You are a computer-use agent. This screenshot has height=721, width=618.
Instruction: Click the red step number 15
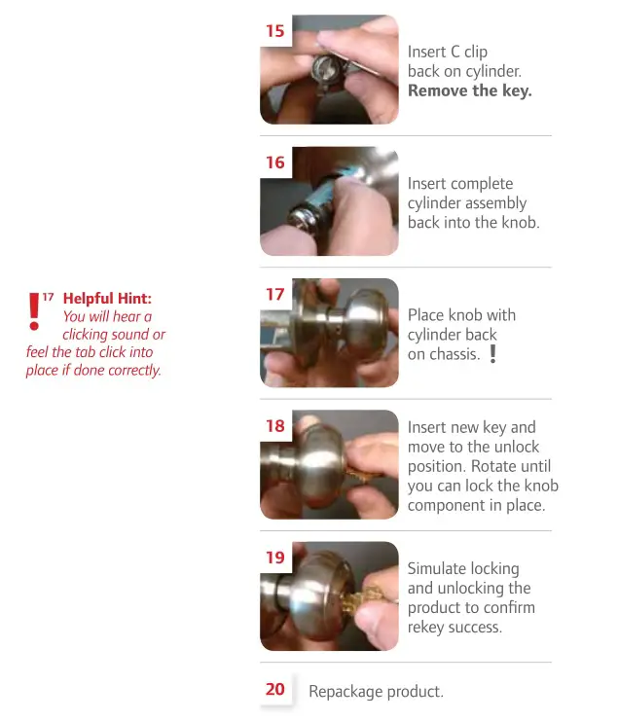(275, 31)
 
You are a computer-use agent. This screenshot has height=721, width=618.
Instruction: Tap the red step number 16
(275, 162)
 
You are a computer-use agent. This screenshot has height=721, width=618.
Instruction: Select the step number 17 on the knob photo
(275, 294)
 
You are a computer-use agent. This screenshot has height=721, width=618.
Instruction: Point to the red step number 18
(275, 425)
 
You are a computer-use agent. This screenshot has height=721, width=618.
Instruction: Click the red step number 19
(275, 558)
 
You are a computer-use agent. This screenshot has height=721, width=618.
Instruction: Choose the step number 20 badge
(275, 689)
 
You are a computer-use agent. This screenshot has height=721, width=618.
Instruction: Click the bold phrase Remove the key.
(469, 90)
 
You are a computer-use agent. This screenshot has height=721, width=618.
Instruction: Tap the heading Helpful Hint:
(107, 299)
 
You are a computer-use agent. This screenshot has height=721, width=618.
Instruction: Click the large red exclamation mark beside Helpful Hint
(35, 310)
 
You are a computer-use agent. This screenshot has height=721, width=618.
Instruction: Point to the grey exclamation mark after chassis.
(492, 354)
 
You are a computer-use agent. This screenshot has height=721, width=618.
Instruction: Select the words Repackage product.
(376, 692)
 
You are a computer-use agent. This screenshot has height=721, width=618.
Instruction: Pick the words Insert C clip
(448, 52)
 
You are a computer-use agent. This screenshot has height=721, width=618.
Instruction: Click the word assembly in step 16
(494, 203)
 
